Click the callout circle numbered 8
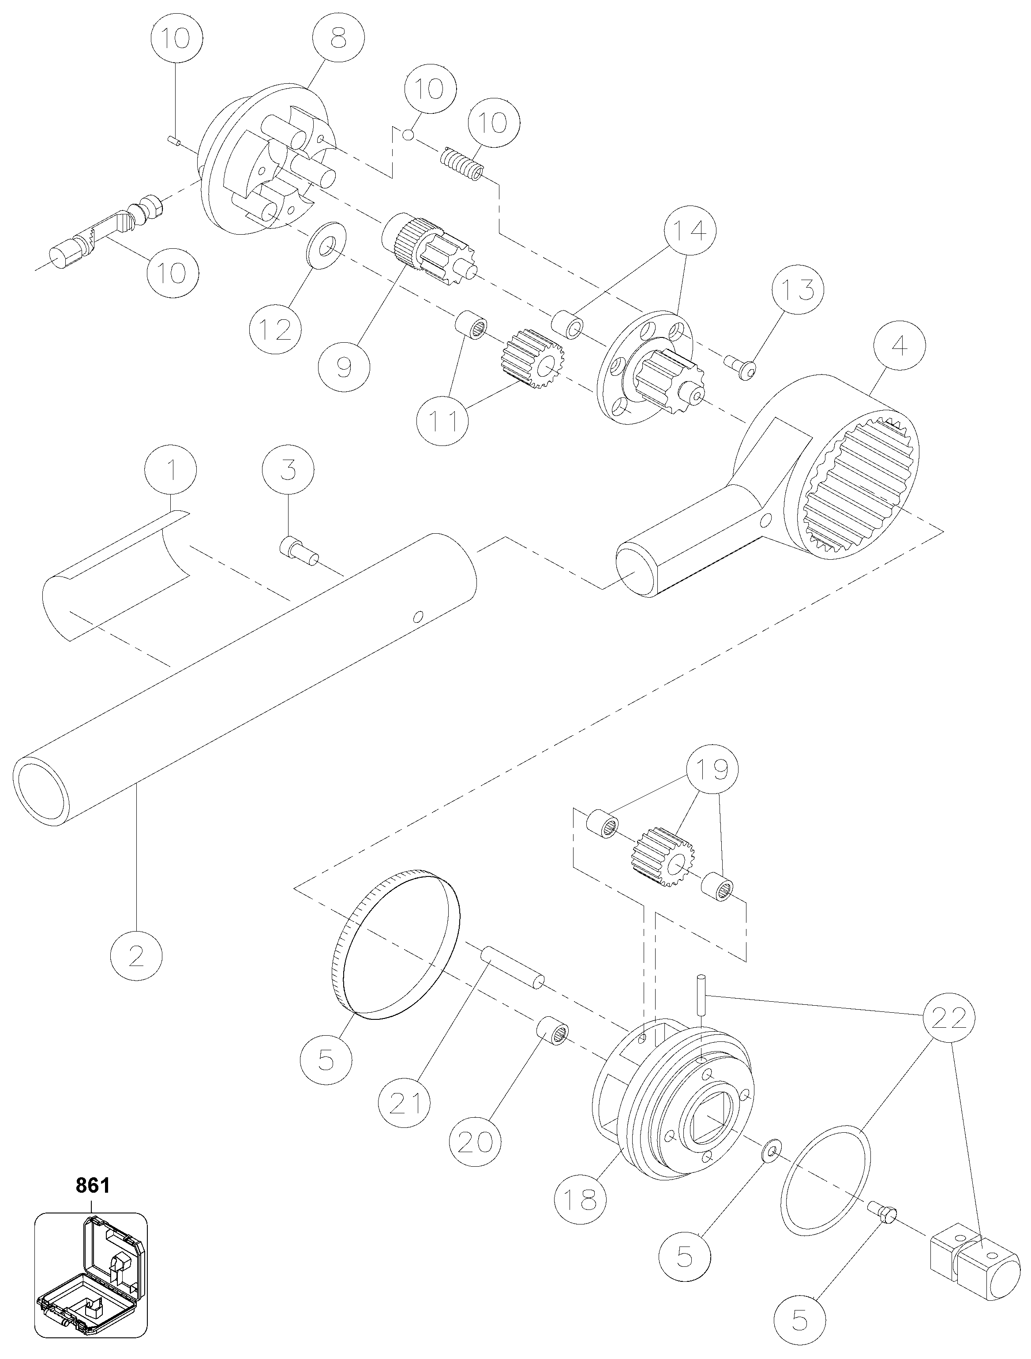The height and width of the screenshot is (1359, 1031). (x=338, y=39)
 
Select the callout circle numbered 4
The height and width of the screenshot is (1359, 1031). (x=899, y=347)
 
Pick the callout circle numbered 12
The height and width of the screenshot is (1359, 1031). (x=276, y=330)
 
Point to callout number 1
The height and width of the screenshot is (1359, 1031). (x=172, y=471)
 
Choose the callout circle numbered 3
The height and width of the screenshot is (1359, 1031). (x=288, y=471)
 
